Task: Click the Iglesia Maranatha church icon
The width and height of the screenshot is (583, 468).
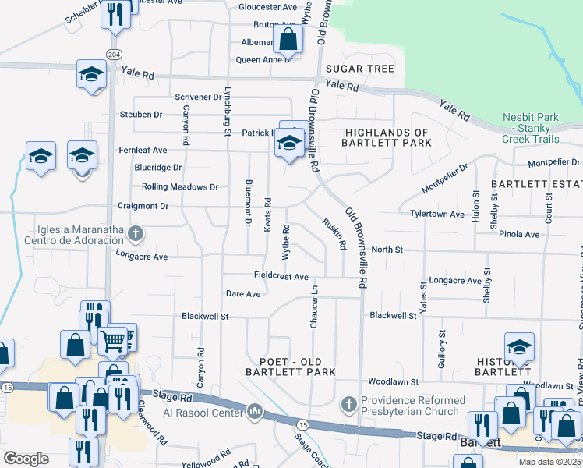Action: click(x=136, y=233)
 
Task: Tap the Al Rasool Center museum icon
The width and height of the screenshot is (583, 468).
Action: click(x=255, y=411)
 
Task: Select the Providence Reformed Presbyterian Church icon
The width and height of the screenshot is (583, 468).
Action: click(x=350, y=405)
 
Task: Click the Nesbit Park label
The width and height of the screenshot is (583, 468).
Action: click(x=530, y=118)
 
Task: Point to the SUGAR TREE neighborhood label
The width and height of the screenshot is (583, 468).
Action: click(x=360, y=69)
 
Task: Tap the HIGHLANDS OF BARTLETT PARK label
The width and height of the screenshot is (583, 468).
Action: click(x=387, y=138)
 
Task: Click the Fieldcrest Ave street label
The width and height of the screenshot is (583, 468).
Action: click(x=281, y=276)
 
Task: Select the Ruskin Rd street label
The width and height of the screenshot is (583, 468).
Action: click(x=333, y=233)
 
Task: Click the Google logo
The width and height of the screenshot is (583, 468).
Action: click(x=26, y=459)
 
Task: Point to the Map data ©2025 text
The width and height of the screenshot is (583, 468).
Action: click(x=549, y=462)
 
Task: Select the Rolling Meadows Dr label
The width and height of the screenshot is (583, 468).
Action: click(x=180, y=187)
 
